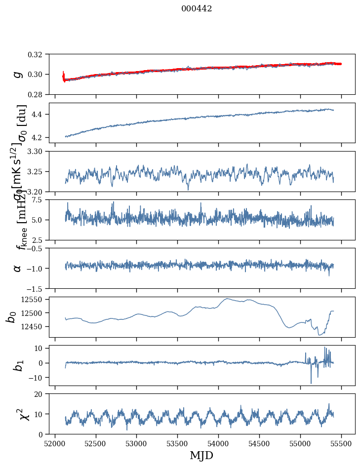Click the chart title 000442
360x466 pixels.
click(197, 8)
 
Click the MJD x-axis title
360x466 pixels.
click(201, 455)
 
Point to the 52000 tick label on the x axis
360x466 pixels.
click(55, 442)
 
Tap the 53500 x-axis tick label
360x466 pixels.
click(178, 442)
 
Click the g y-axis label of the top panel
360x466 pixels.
click(18, 74)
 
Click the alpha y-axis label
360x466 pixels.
click(18, 268)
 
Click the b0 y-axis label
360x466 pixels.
click(11, 317)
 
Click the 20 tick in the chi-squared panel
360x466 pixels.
click(41, 394)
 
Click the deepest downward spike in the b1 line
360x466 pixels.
click(311, 383)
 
